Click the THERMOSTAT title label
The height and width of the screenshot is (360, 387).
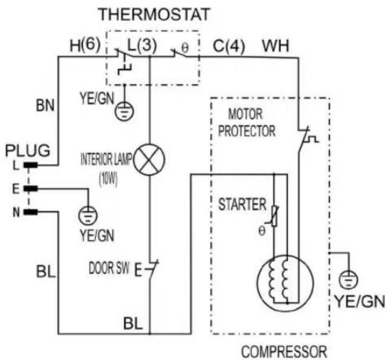(154, 15)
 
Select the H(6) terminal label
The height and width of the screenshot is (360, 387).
(85, 45)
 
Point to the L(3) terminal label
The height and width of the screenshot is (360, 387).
(142, 45)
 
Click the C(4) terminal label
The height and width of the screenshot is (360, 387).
(229, 46)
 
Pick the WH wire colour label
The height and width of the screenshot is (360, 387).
(276, 46)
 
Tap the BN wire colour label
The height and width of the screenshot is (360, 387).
(45, 105)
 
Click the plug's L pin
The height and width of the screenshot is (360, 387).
(31, 165)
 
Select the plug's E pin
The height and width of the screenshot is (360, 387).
(31, 189)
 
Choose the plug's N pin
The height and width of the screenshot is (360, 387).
(31, 212)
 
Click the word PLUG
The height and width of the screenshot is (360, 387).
(28, 151)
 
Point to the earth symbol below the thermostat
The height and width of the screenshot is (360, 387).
(125, 111)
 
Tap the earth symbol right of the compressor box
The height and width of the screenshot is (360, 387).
(348, 280)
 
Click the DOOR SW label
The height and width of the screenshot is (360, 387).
(109, 268)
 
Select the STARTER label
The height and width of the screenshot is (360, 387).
(242, 205)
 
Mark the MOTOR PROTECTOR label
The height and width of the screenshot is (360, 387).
(247, 122)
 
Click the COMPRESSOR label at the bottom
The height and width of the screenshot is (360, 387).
(284, 352)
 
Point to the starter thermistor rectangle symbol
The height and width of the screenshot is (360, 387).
(274, 216)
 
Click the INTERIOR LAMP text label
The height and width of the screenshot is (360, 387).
(106, 159)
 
